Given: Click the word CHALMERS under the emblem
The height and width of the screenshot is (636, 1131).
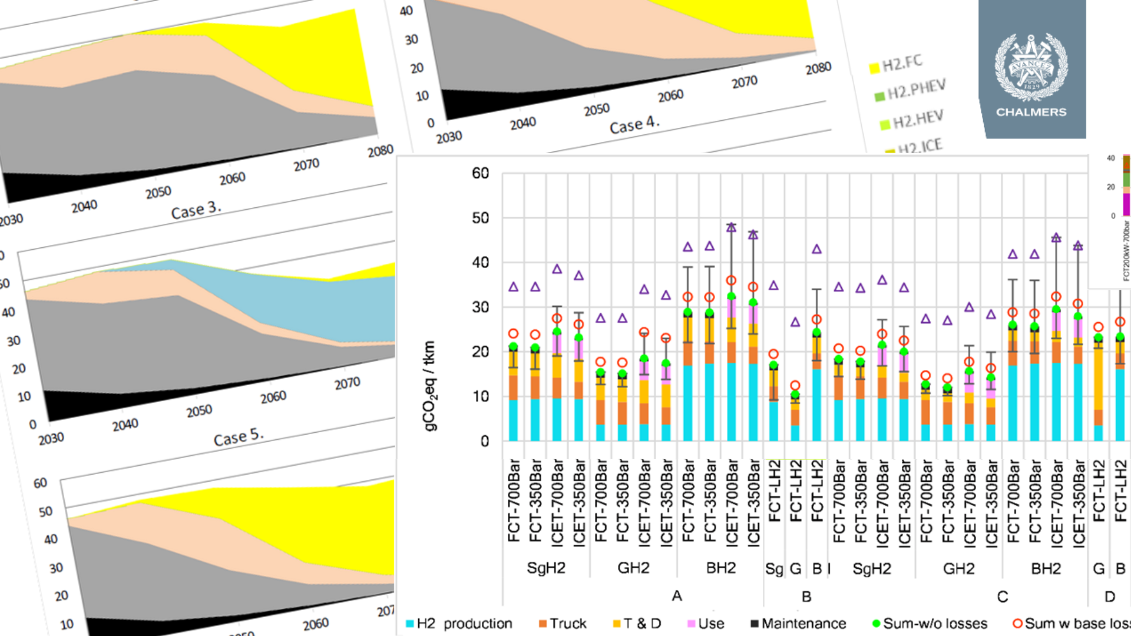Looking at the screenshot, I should coord(1031,112).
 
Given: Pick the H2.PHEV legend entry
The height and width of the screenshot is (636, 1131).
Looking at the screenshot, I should coord(911,90).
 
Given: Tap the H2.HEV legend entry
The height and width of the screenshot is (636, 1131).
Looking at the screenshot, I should coord(912,120).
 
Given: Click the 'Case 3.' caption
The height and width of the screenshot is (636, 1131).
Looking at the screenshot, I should coord(196,209).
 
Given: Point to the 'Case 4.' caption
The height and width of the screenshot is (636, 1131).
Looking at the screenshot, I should coord(634,125).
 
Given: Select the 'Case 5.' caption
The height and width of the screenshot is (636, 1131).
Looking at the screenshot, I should coord(238,437).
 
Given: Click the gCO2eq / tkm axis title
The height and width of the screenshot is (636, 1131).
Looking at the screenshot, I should coord(429,386).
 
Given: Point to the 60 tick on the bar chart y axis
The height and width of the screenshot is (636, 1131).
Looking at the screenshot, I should coord(480,173).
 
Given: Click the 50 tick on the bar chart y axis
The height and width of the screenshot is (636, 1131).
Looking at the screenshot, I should coord(480,218).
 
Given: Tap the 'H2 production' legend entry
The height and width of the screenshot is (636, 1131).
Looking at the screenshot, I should coord(459,623).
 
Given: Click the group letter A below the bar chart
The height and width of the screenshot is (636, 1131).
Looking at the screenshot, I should coord(677,596).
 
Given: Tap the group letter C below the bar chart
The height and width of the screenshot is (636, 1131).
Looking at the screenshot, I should coord(1002,597).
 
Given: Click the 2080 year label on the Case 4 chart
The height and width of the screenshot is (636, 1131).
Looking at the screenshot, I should coord(818,68).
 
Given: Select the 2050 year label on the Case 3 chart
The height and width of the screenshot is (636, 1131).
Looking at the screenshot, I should coord(158,193).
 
